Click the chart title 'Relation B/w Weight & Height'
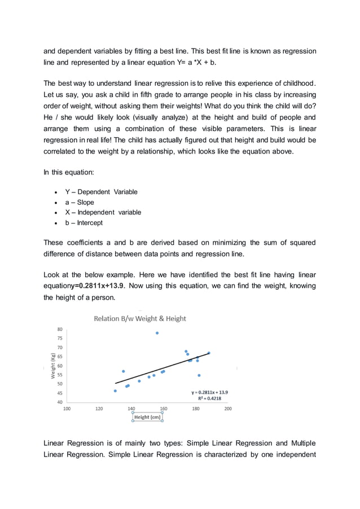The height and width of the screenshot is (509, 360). click(x=139, y=318)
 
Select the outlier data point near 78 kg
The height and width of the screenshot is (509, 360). click(x=157, y=333)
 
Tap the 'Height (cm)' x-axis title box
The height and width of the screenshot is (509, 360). click(x=147, y=417)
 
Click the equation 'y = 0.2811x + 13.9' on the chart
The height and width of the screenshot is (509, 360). click(x=209, y=392)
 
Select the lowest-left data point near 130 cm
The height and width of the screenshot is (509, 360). click(x=115, y=390)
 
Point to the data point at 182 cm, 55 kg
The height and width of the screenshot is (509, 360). click(x=199, y=375)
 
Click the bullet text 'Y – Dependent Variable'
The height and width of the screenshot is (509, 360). click(x=101, y=192)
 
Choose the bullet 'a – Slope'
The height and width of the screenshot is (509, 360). click(x=80, y=202)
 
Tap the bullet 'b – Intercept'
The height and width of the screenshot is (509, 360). click(x=84, y=223)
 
